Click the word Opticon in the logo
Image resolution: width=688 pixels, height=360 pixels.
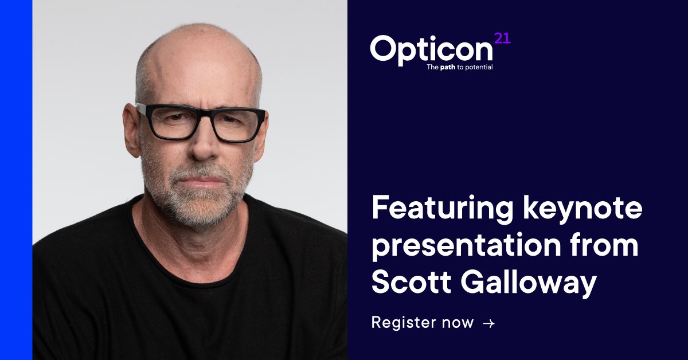(431, 49)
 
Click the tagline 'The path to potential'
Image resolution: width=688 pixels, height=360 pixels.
(459, 67)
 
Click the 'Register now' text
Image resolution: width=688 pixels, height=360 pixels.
(423, 323)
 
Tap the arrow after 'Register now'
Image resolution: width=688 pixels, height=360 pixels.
(488, 323)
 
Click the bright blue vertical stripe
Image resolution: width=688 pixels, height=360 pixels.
(16, 180)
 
